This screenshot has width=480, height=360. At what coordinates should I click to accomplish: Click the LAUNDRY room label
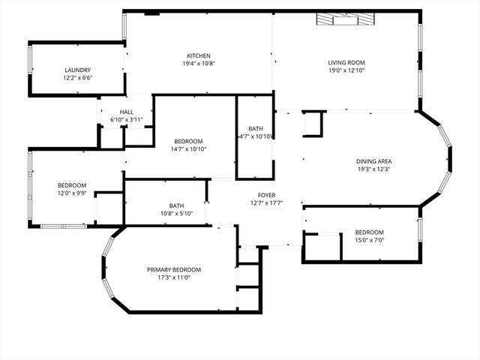78,70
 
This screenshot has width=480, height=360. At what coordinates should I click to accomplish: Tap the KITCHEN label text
199,55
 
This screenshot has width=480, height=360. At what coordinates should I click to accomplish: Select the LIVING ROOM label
346,62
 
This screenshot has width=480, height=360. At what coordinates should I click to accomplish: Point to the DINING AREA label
373,161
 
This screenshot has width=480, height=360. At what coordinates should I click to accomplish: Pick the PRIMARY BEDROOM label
174,269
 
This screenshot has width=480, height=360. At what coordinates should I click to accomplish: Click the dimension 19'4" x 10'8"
199,64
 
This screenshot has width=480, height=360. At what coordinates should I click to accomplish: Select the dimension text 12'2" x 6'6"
78,78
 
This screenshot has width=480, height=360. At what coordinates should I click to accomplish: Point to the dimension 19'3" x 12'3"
373,169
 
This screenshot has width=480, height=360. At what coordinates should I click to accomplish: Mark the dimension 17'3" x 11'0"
174,277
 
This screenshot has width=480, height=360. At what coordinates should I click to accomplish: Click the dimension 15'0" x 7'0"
370,241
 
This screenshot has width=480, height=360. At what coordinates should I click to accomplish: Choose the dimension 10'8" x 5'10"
176,214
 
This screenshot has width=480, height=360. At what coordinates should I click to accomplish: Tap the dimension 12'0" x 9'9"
72,193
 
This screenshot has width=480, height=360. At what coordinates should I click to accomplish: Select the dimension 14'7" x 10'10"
188,149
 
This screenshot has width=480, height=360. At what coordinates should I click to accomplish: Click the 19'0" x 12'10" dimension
346,70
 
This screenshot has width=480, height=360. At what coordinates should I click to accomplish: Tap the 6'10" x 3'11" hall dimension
126,120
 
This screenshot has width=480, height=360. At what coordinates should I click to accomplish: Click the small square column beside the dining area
313,124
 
